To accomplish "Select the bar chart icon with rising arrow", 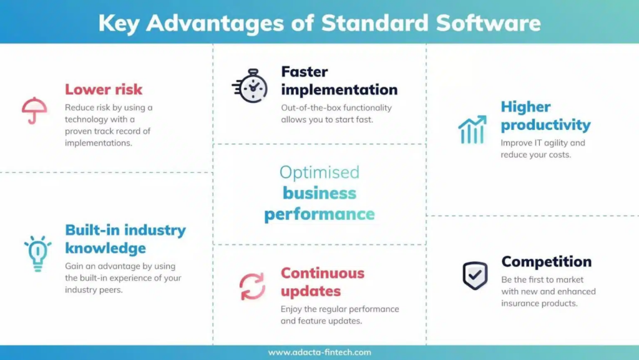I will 472,129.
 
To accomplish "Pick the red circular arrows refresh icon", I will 252,286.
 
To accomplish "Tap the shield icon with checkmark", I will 475,275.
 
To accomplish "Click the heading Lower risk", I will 104,89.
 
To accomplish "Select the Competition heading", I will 546,261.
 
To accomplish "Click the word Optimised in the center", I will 319,172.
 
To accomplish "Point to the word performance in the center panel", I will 319,215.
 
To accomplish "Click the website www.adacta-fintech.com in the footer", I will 319,353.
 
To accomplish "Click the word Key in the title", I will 119,23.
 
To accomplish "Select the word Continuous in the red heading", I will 322,273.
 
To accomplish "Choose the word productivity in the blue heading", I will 545,125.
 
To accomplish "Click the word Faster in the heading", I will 304,72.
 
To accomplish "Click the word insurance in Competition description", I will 522,303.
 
